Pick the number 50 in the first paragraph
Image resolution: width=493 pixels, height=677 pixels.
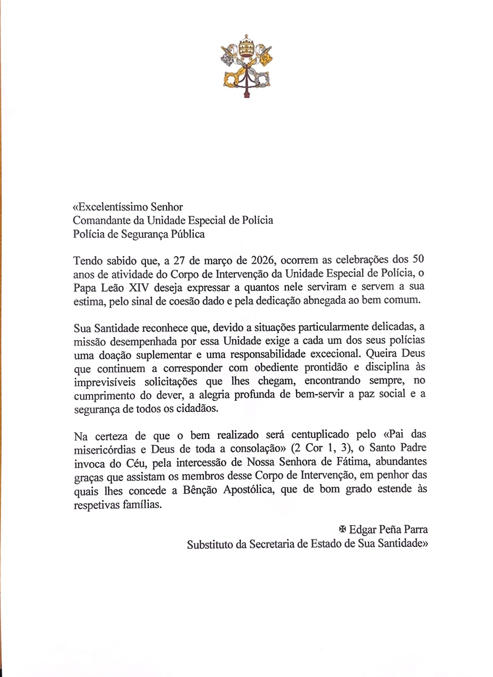click(418, 259)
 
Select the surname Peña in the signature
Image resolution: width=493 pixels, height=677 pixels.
click(390, 530)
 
